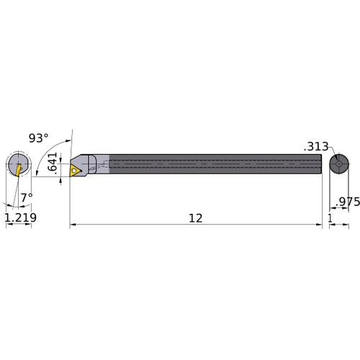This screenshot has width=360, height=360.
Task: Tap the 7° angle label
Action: pyautogui.click(x=27, y=196)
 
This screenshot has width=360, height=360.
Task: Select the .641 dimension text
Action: pyautogui.click(x=52, y=164)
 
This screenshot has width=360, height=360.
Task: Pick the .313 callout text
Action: pyautogui.click(x=315, y=146)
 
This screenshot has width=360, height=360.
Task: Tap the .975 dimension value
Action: pyautogui.click(x=346, y=202)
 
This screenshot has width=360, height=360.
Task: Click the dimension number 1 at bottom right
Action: pyautogui.click(x=329, y=216)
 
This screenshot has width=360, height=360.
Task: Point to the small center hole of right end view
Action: pyautogui.click(x=337, y=165)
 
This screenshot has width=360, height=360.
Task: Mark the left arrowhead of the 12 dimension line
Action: pyautogui.click(x=73, y=225)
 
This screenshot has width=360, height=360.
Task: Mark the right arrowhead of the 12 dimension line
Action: pyautogui.click(x=319, y=225)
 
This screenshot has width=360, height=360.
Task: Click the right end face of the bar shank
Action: pyautogui.click(x=321, y=165)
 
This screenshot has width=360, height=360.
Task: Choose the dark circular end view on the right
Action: pyautogui.click(x=337, y=165)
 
